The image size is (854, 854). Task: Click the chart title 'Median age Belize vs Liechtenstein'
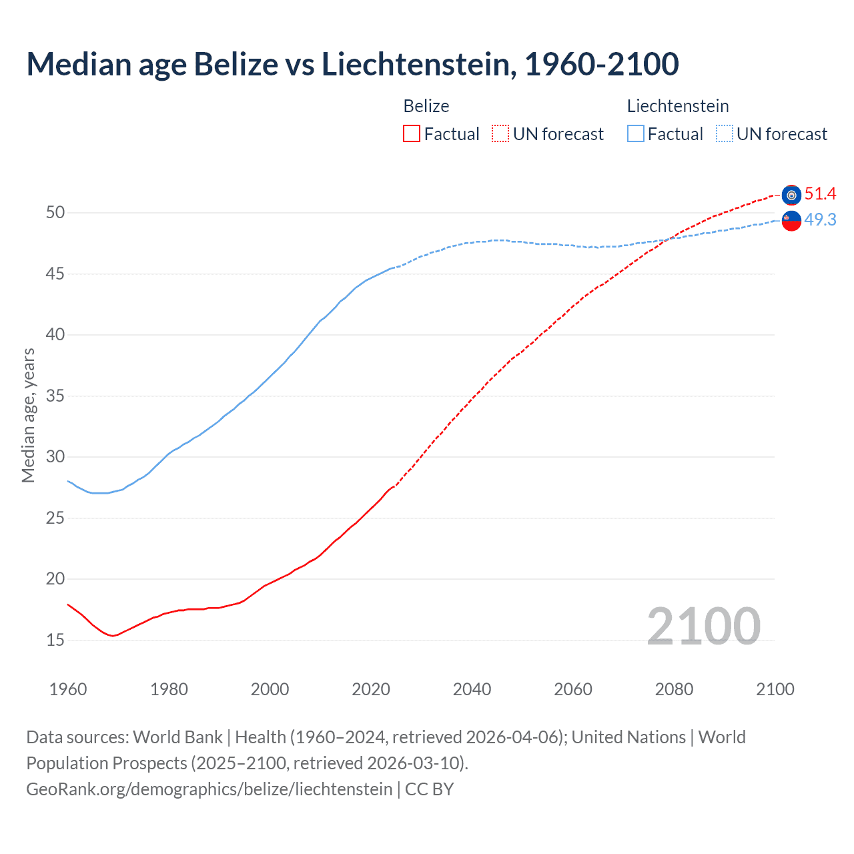(352, 64)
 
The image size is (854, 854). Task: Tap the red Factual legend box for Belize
(412, 134)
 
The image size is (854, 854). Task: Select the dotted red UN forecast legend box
(500, 134)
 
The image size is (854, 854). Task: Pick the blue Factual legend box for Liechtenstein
(636, 134)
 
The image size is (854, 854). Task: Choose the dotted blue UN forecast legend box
(725, 134)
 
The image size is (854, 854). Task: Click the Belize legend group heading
(426, 106)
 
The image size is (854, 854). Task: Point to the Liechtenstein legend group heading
(677, 106)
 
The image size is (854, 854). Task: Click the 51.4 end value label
(820, 194)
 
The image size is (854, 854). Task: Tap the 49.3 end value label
(820, 220)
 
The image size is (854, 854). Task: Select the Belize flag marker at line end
(791, 195)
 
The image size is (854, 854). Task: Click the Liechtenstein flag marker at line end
(791, 220)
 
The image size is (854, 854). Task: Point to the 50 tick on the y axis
(55, 213)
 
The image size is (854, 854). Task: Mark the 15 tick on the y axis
(55, 640)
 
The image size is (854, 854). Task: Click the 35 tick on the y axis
(55, 396)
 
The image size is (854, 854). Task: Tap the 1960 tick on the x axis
(68, 689)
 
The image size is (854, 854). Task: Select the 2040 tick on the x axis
(472, 689)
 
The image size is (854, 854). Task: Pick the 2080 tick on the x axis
(674, 689)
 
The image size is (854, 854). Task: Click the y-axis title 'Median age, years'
(28, 415)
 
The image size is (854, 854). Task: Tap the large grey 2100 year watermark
(703, 626)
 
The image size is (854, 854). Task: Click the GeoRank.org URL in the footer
(209, 789)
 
